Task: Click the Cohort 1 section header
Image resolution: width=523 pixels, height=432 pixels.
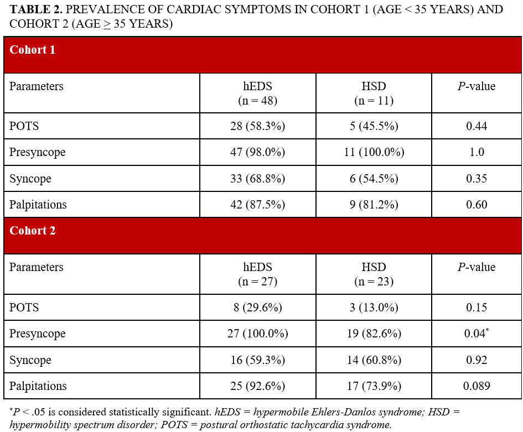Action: pyautogui.click(x=33, y=50)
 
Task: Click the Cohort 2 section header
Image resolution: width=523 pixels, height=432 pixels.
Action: pyautogui.click(x=33, y=231)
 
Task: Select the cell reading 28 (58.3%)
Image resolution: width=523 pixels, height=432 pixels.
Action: pyautogui.click(x=257, y=126)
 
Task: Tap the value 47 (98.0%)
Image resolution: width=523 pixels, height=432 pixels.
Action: pyautogui.click(x=257, y=152)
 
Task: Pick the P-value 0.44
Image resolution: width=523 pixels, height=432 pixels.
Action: pyautogui.click(x=477, y=126)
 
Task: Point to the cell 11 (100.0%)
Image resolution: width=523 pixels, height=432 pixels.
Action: pyautogui.click(x=374, y=152)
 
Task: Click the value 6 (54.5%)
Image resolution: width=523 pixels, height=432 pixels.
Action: pyautogui.click(x=374, y=179)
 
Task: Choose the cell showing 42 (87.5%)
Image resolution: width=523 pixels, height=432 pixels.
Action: pyautogui.click(x=257, y=205)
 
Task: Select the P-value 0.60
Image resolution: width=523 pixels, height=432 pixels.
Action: pyautogui.click(x=477, y=205)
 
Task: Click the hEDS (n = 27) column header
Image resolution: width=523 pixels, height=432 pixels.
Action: pyautogui.click(x=257, y=274)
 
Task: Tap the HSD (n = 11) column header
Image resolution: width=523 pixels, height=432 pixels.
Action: pyautogui.click(x=374, y=93)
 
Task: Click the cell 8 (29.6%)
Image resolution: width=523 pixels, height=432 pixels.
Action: pyautogui.click(x=257, y=308)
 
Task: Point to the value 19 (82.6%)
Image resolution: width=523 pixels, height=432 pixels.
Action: pyautogui.click(x=374, y=334)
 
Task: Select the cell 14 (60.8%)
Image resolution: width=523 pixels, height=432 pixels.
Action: pyautogui.click(x=374, y=360)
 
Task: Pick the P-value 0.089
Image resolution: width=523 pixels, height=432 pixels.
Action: pyautogui.click(x=477, y=386)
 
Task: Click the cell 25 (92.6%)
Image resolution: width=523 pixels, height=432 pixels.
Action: pyautogui.click(x=257, y=386)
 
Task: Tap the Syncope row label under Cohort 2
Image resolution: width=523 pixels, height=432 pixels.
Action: pyautogui.click(x=30, y=360)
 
